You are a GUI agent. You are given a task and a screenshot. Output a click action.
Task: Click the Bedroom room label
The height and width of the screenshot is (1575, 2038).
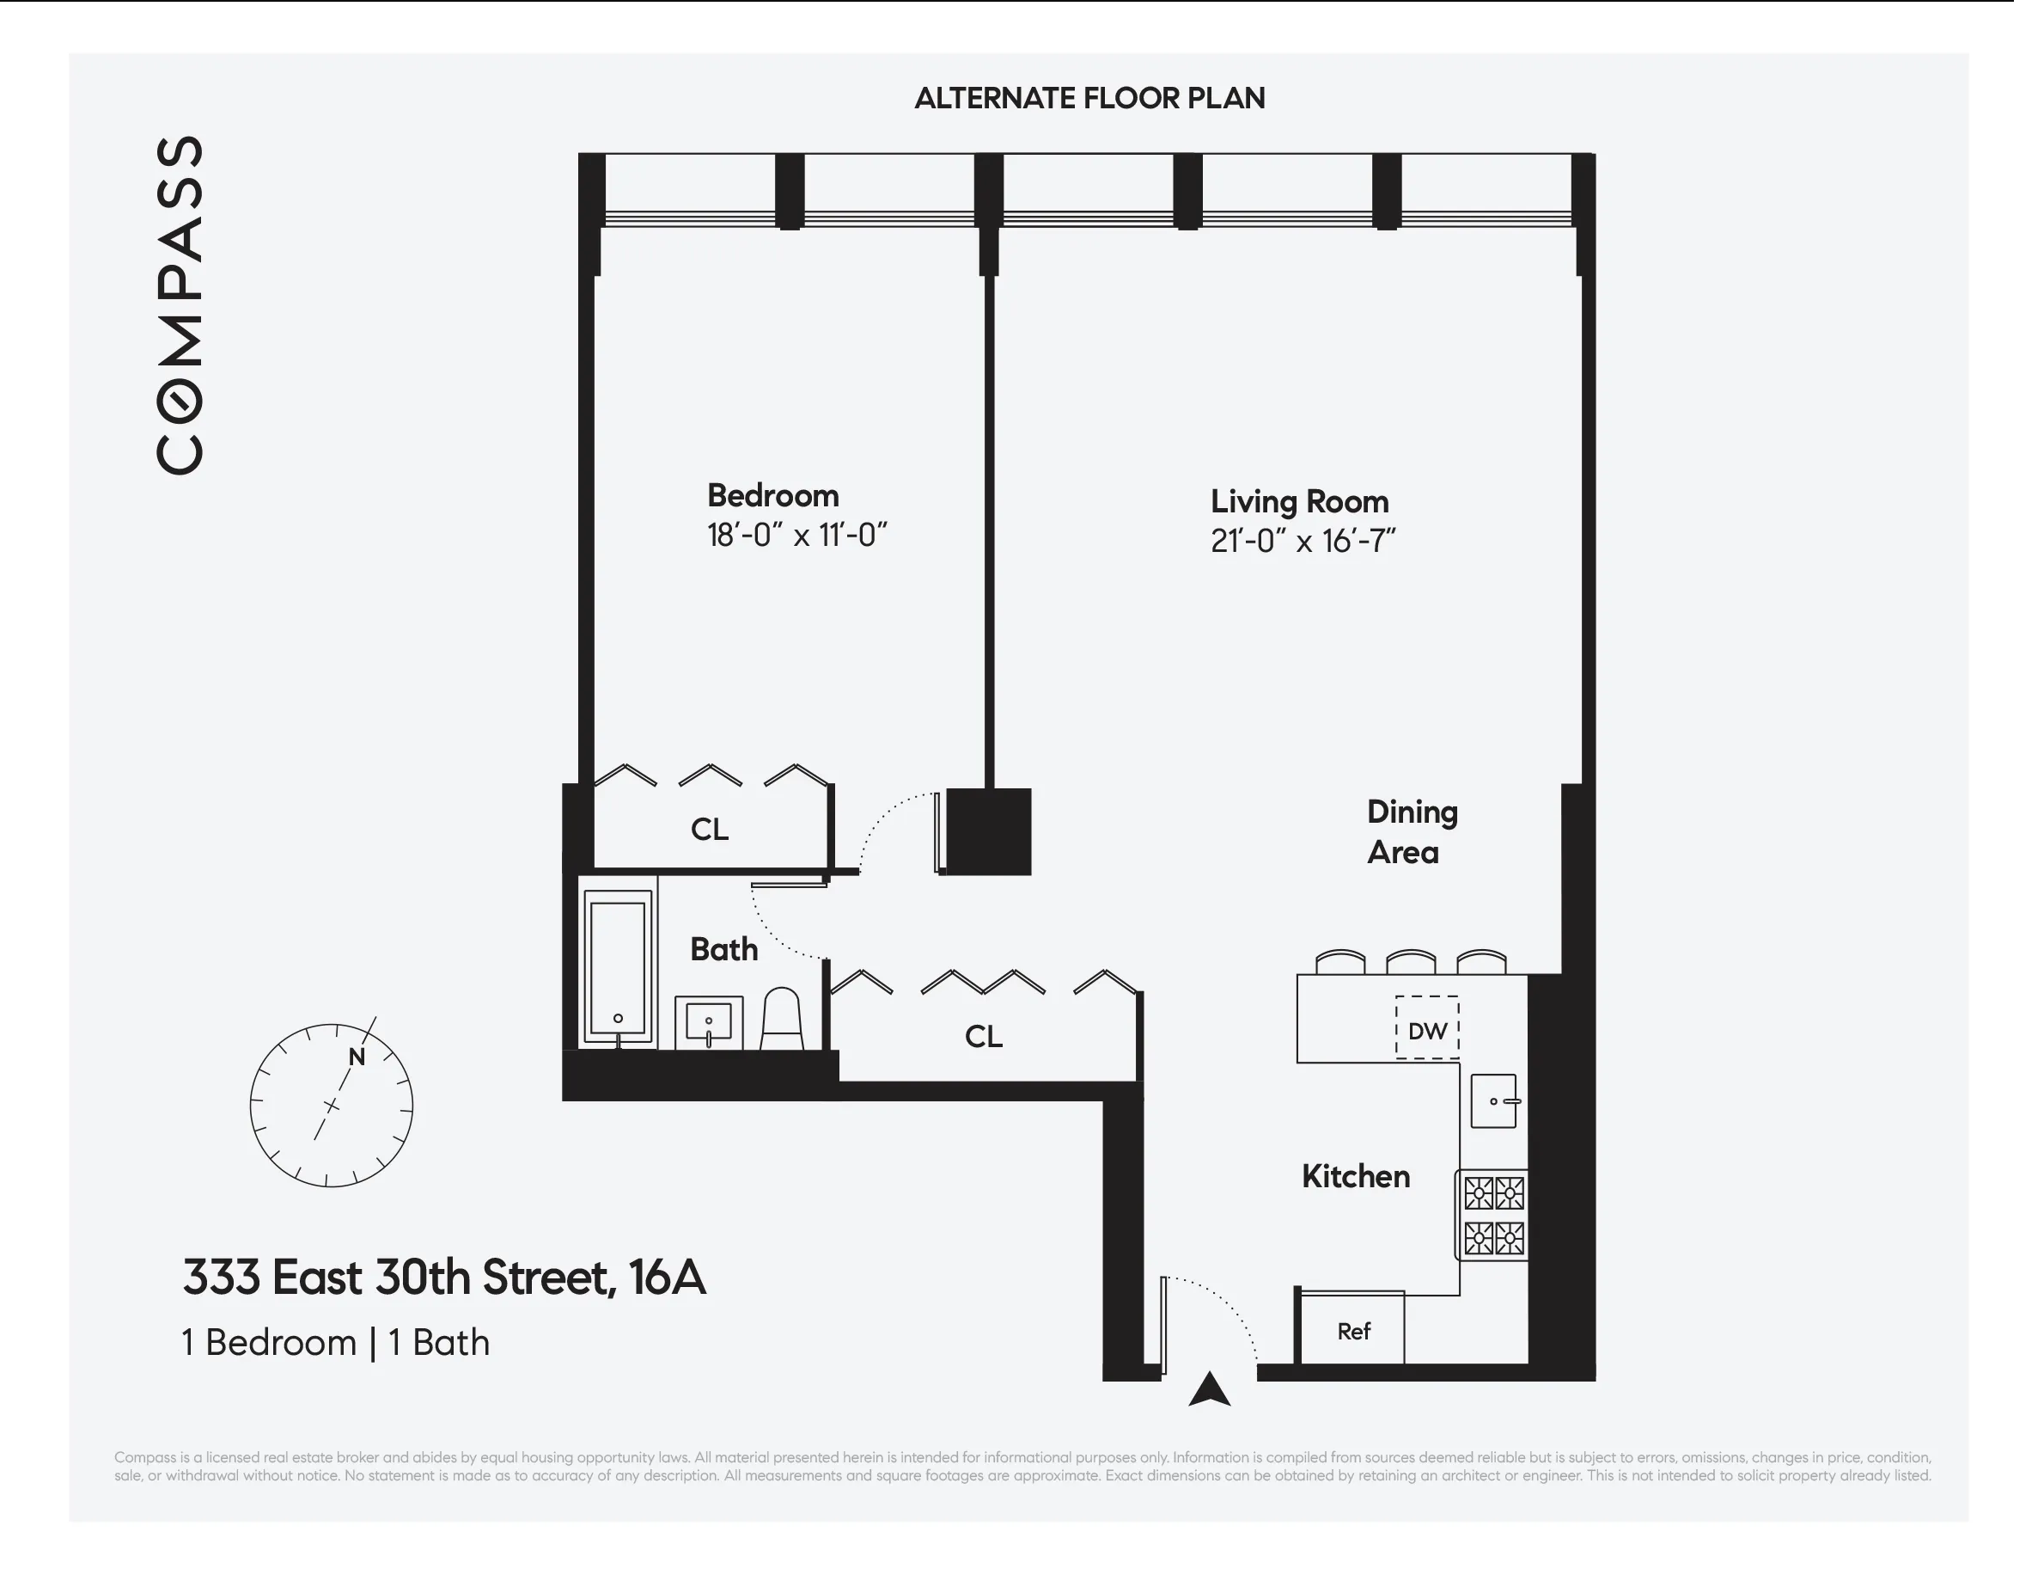pos(772,496)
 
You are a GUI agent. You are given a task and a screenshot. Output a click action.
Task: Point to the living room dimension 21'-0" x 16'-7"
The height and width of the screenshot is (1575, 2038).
pos(1303,542)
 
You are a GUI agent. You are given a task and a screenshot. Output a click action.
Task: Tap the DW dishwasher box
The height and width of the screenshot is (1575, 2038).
pos(1427,1029)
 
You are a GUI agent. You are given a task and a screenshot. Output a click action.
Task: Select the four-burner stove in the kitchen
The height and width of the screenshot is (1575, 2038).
pos(1493,1216)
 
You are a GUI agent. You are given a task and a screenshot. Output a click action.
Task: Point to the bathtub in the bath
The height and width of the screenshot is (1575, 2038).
pos(618,968)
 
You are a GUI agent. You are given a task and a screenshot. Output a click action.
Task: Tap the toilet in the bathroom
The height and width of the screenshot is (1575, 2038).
pos(782,1020)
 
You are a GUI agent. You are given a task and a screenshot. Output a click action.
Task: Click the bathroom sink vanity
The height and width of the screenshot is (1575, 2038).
pos(709,1023)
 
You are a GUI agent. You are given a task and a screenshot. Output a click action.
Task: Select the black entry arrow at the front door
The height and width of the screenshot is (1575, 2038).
pos(1210,1389)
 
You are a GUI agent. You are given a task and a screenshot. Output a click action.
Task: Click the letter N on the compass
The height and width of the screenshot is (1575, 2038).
pos(357,1057)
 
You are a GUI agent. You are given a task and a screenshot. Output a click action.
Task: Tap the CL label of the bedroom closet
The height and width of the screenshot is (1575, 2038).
pos(709,829)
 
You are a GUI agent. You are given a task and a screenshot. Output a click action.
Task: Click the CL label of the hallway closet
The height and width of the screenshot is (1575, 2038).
pos(984,1036)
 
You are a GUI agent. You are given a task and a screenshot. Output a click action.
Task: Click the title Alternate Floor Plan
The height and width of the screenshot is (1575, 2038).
pos(1089,98)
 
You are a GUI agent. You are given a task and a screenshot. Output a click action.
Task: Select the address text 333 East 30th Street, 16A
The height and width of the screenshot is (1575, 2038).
pos(444,1278)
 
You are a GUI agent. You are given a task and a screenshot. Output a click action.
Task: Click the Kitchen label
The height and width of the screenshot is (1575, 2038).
pos(1355,1176)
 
